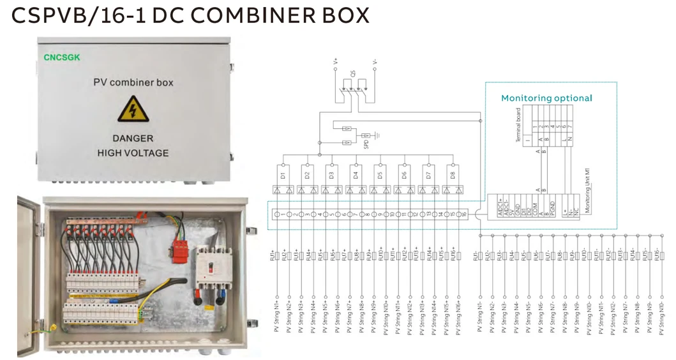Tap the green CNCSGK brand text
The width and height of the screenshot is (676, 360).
(62, 57)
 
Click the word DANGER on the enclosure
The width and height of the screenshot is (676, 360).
(133, 138)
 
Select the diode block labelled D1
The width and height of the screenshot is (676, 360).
(282, 174)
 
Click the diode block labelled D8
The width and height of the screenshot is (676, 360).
(453, 174)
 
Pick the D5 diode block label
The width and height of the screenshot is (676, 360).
(379, 174)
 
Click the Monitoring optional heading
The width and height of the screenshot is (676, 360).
(546, 98)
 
